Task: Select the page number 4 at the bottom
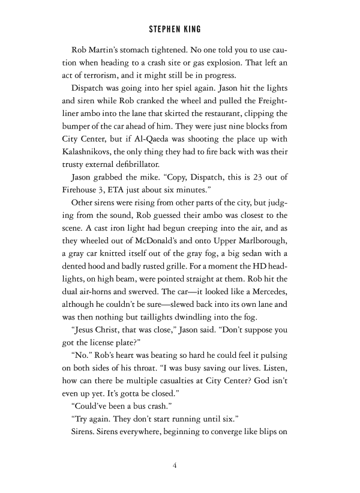pos(179,464)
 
